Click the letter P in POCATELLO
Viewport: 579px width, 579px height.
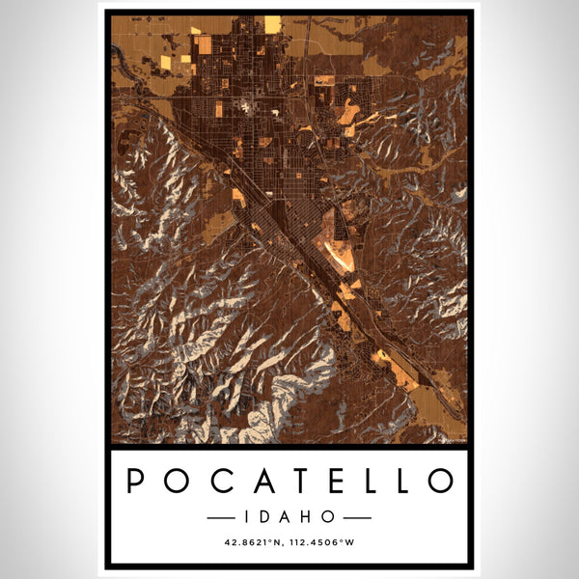(x=136, y=481)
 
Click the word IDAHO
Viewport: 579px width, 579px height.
(x=289, y=517)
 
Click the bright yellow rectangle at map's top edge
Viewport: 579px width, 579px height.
(x=273, y=23)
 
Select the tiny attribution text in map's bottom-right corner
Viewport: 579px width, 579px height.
(x=452, y=440)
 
